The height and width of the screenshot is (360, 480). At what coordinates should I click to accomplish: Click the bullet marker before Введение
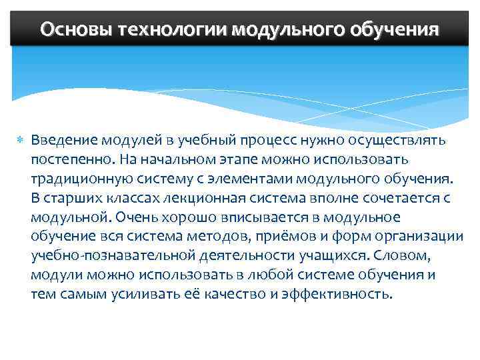[x=19, y=141]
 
